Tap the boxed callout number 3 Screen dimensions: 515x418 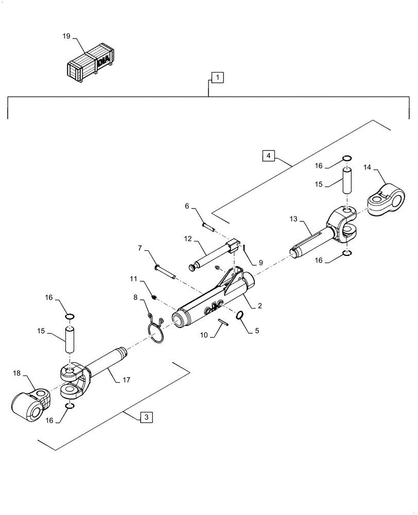(x=146, y=418)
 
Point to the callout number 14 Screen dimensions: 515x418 (x=367, y=167)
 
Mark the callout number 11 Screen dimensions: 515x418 (x=133, y=279)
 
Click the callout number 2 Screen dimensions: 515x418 (x=259, y=306)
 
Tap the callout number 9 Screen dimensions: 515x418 (x=260, y=262)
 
